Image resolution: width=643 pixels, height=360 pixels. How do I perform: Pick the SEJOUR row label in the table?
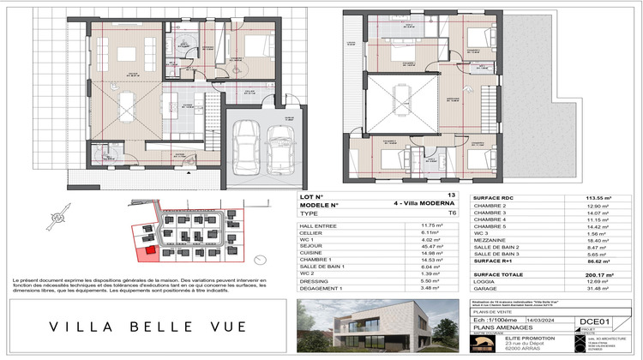point(309,248)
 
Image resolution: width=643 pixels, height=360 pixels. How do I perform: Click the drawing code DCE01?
point(592,322)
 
